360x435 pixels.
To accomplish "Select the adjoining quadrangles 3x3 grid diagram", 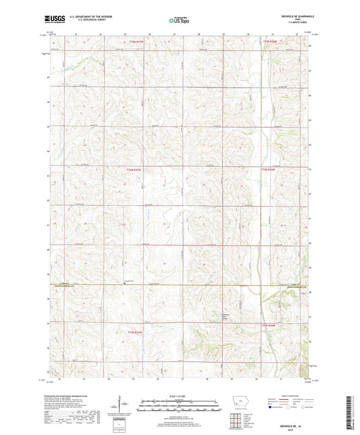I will coord(237,421).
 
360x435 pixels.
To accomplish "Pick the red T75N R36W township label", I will coord(269,169).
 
